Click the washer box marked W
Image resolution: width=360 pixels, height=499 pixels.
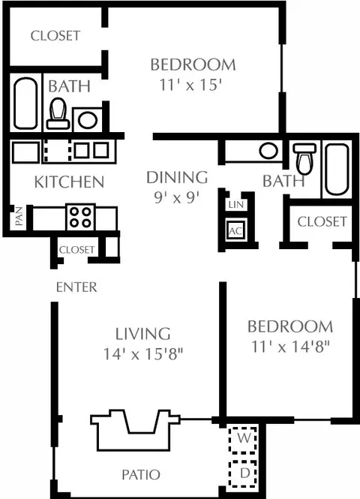[x=243, y=439]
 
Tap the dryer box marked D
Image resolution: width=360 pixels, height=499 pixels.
[x=243, y=473]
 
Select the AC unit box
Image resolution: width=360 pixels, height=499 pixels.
[x=235, y=230]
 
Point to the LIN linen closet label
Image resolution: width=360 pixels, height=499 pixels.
[x=236, y=205]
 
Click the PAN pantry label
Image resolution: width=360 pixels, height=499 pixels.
[x=19, y=216]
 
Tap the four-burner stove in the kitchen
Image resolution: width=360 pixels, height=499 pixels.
[x=80, y=217]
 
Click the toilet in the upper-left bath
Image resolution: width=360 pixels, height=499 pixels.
[x=58, y=113]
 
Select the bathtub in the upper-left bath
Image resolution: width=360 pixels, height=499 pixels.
[x=25, y=103]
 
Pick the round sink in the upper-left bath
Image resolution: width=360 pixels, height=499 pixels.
[x=88, y=120]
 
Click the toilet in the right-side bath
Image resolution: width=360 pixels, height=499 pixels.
[x=304, y=158]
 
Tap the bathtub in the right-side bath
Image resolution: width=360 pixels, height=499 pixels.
[x=337, y=170]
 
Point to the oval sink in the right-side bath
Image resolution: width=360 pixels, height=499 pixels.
[x=268, y=151]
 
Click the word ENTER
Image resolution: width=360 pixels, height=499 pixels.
[x=76, y=287]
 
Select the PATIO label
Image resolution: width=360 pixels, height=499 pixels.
[x=141, y=474]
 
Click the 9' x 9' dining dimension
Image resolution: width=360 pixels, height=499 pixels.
[x=177, y=198]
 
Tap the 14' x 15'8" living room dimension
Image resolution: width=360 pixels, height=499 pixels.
[x=144, y=354]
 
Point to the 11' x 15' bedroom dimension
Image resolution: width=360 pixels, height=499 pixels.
[x=190, y=85]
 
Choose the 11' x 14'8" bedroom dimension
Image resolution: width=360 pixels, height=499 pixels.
[x=290, y=347]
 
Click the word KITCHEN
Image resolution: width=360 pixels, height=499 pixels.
[x=69, y=182]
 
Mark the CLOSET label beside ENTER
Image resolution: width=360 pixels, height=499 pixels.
[x=77, y=250]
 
